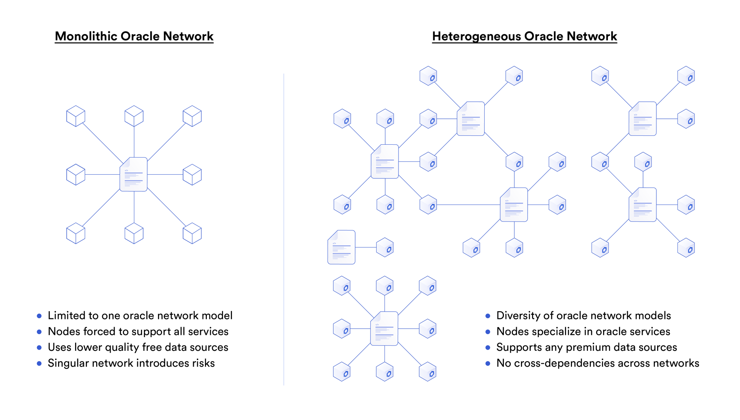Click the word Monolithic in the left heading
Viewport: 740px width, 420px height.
coord(86,36)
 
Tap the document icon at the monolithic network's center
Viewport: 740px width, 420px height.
coord(134,174)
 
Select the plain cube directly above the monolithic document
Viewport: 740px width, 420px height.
coord(134,116)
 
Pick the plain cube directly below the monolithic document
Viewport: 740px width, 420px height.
coord(134,233)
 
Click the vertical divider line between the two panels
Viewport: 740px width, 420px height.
coord(284,229)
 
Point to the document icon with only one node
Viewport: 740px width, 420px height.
coord(341,247)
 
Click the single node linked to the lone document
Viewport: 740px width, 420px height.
coord(385,247)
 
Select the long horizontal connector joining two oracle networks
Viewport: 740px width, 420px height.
coord(468,205)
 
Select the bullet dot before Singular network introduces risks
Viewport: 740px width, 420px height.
coord(39,363)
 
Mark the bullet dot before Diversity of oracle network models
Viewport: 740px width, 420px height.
coord(488,316)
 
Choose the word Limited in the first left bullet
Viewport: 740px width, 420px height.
coord(65,315)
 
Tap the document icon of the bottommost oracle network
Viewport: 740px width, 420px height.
coord(384,329)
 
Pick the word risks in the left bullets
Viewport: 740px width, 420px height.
coord(203,363)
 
